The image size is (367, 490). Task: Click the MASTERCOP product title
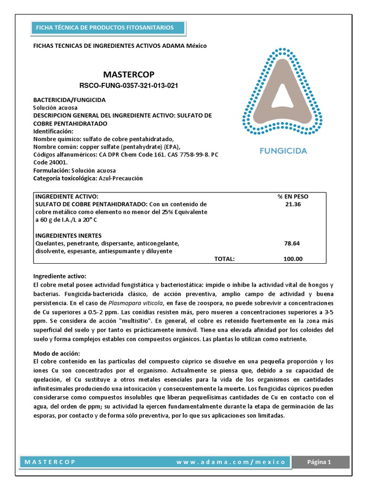[x=129, y=74]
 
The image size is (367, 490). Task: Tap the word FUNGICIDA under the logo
[x=283, y=151]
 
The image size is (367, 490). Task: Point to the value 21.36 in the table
[x=293, y=204]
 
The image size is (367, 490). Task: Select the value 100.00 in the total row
[x=293, y=259]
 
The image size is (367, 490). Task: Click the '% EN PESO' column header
[x=293, y=197]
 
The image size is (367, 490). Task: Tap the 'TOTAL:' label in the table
[x=224, y=259]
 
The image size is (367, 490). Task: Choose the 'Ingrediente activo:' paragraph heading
[x=59, y=276]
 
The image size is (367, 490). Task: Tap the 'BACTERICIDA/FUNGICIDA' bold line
[x=69, y=100]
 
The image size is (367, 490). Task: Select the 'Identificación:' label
[x=53, y=131]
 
